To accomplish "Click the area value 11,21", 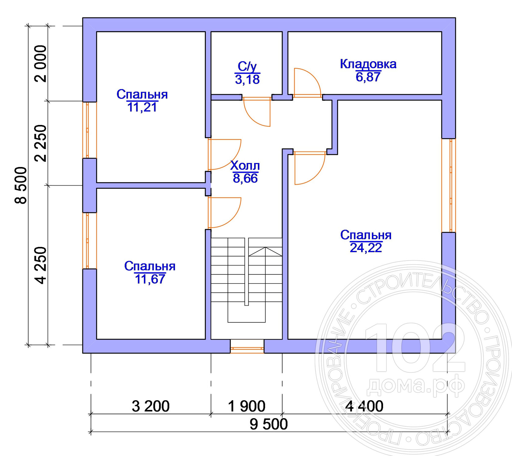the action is (142, 107).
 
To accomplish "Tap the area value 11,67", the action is (150, 279).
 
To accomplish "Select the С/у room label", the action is (247, 66).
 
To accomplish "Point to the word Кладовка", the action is (368, 64).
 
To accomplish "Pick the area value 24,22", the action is (366, 248).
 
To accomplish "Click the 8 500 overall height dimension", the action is (21, 185).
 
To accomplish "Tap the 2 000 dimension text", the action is (41, 64).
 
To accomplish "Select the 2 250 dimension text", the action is (41, 143).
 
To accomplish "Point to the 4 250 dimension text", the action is (41, 265).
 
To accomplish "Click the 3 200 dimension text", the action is (151, 406).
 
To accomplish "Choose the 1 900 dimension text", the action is (247, 406).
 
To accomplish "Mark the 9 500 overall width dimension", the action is (268, 424).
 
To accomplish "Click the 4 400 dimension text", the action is (364, 406).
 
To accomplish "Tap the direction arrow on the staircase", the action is (265, 252).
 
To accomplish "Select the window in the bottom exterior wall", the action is (247, 346).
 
